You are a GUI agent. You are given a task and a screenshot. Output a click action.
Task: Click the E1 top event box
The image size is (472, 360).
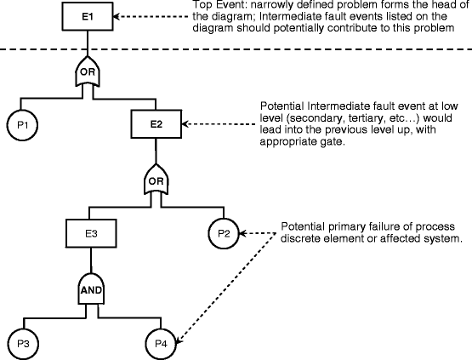pos(88,16)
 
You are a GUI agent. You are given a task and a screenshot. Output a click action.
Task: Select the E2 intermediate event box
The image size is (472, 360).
pos(156,123)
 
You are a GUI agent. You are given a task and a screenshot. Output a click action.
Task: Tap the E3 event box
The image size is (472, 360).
pos(91,233)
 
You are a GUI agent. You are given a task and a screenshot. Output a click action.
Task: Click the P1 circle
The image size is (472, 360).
pos(22,125)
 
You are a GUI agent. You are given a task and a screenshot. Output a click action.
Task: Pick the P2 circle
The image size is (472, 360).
pos(224,233)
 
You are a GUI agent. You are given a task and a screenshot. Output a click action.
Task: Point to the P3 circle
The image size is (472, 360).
pos(23,344)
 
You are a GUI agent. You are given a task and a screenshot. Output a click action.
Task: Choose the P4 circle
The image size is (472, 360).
pos(161,344)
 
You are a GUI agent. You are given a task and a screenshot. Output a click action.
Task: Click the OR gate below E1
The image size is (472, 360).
pos(88,72)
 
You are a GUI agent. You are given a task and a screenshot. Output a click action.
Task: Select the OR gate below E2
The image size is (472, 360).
pos(156,180)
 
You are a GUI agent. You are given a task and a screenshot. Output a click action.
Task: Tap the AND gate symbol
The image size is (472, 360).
pos(91,289)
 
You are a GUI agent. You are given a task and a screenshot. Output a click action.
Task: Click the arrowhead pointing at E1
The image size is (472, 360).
pos(117,16)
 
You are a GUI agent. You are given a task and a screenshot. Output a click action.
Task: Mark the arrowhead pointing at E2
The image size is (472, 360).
pos(185,123)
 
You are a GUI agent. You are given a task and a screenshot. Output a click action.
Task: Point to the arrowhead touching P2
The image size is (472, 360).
pos(242,233)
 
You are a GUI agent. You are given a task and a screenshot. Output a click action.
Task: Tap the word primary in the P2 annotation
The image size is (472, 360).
pos(342,226)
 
